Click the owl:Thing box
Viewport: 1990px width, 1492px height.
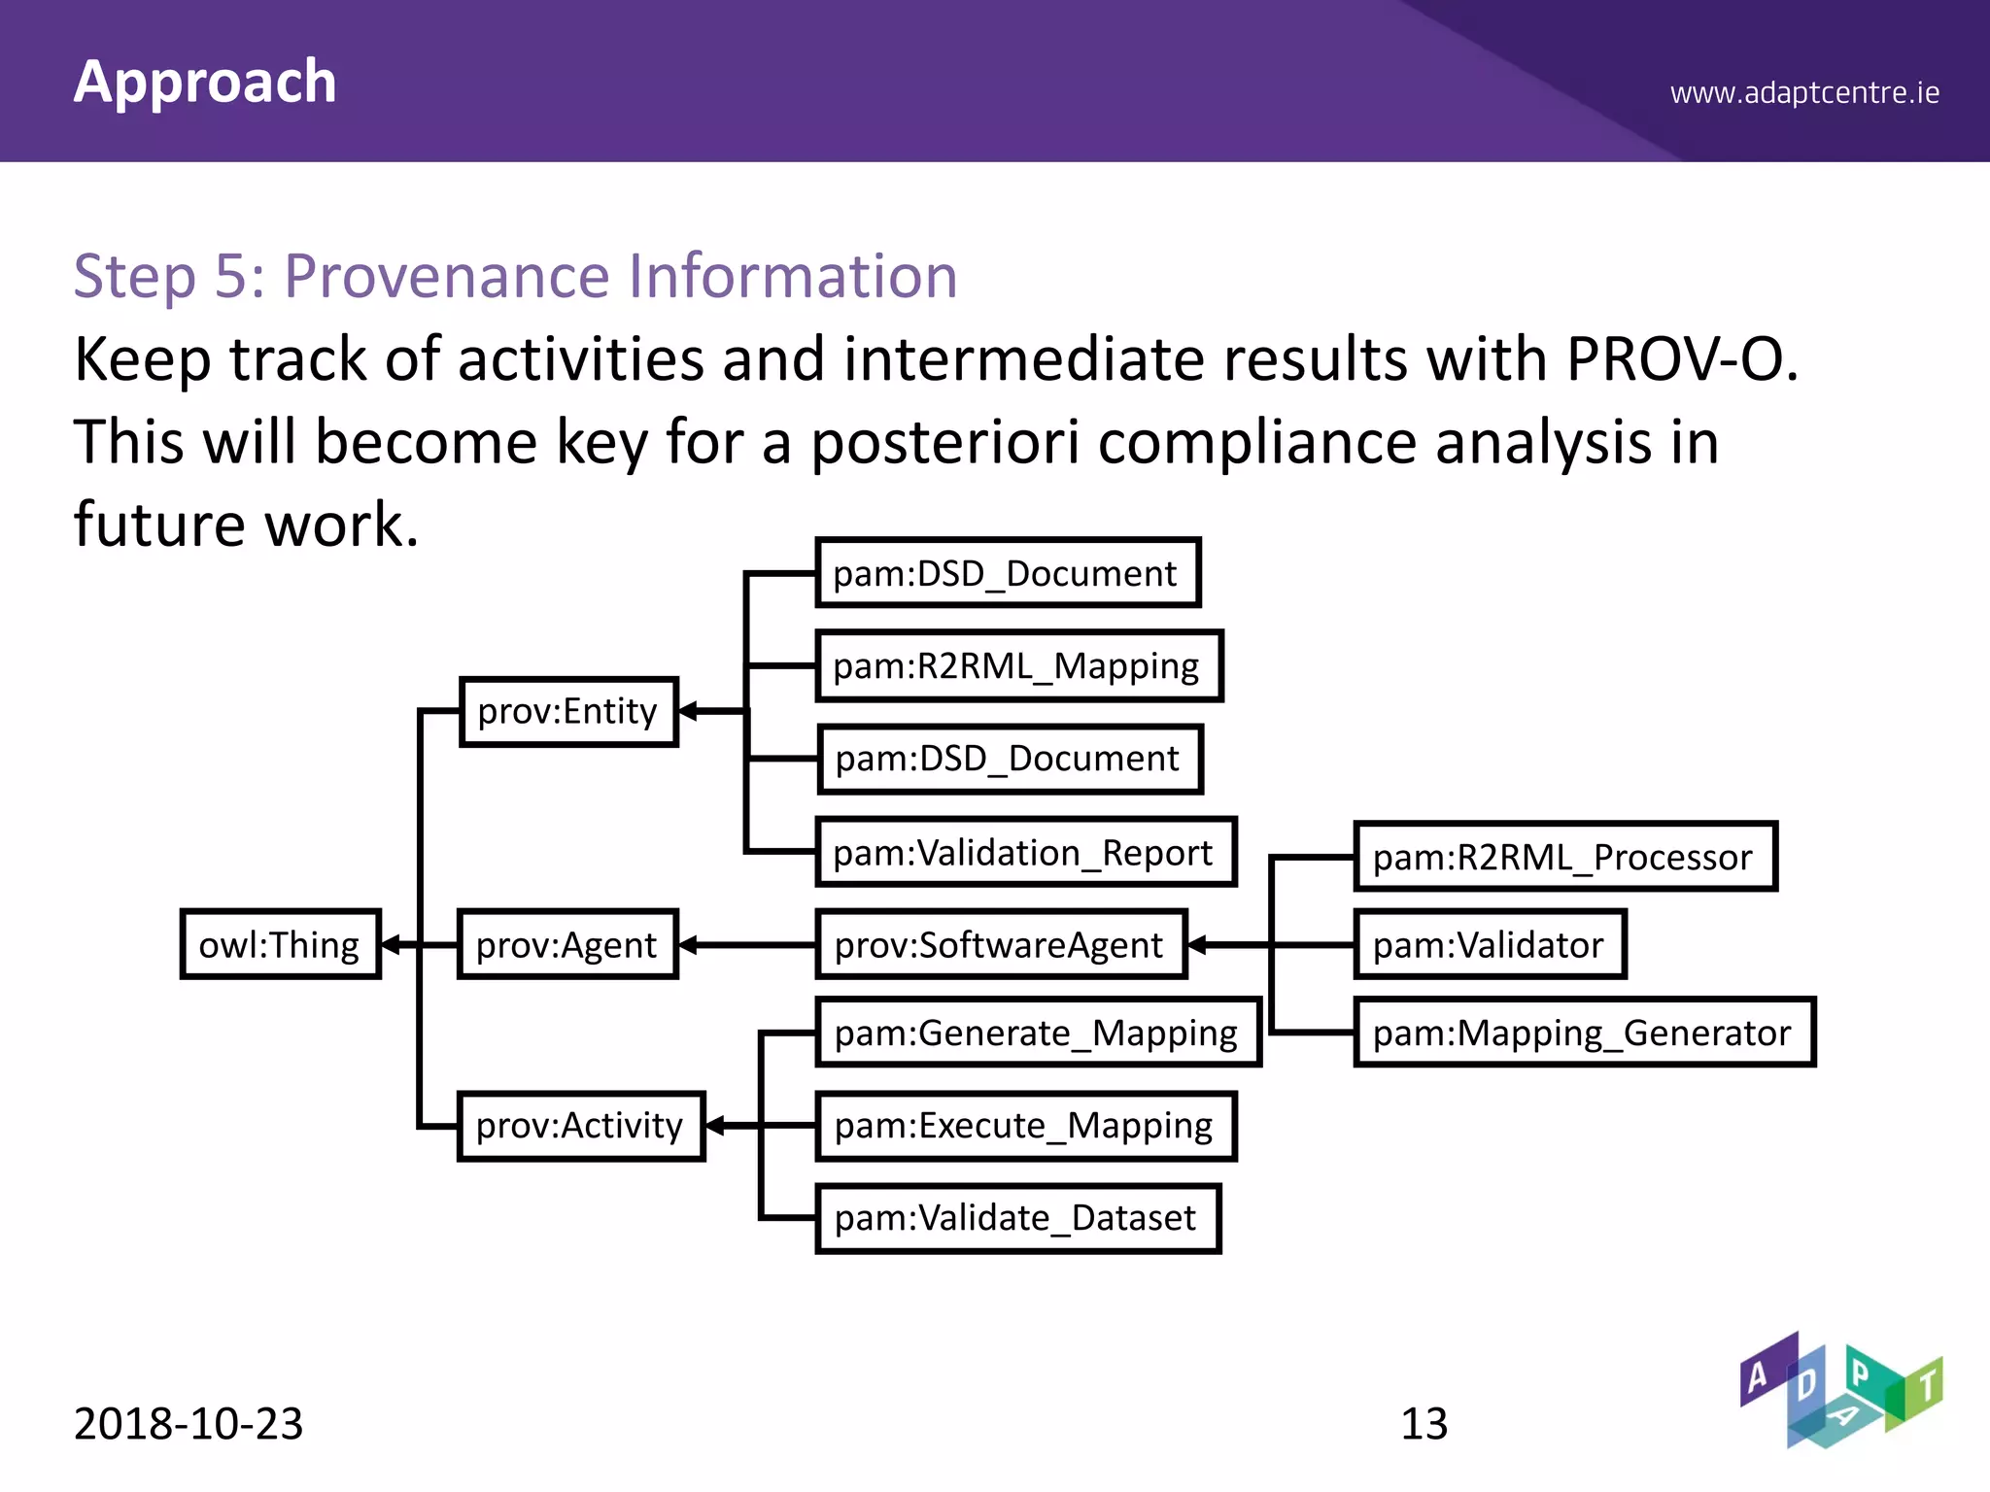click(280, 944)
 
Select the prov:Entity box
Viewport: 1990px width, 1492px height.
click(568, 711)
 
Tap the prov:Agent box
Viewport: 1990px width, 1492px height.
click(567, 944)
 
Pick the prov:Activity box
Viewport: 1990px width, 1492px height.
click(580, 1126)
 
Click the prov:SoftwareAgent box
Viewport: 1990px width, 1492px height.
click(1001, 944)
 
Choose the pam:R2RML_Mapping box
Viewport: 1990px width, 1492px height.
click(1018, 666)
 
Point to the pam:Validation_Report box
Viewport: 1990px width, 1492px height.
click(1025, 852)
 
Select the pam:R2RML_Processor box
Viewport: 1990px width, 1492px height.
click(1564, 857)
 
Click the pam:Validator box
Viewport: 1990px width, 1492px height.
click(1490, 944)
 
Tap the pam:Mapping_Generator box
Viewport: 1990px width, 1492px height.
click(1584, 1033)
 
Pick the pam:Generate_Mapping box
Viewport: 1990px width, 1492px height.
click(1038, 1033)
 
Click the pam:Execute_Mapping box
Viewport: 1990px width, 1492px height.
click(1025, 1126)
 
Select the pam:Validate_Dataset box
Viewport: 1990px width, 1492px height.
click(1017, 1218)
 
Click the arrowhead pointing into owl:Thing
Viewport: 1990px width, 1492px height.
click(392, 944)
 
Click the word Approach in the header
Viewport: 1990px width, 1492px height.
click(205, 82)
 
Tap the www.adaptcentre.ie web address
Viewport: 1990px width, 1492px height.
click(1804, 93)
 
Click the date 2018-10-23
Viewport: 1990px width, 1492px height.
click(189, 1424)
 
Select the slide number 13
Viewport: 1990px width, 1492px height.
click(1424, 1424)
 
